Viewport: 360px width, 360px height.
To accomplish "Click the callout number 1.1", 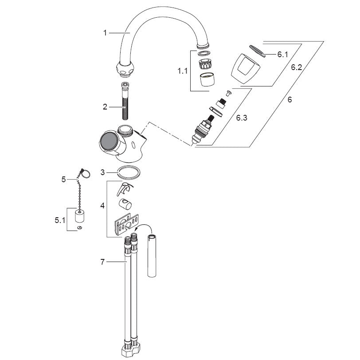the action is (183, 71).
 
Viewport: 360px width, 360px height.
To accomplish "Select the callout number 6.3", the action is (242, 118).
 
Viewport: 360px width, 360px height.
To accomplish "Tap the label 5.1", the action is (60, 220).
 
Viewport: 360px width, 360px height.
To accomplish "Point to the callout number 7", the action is (102, 262).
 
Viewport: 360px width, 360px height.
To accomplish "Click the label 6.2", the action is (297, 67).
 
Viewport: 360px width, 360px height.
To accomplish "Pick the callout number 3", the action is (102, 172).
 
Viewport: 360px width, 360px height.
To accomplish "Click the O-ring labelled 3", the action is (129, 172).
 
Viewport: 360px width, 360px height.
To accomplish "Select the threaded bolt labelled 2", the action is (125, 101).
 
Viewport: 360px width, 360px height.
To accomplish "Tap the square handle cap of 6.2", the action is (246, 68).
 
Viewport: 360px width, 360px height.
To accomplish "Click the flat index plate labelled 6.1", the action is (257, 51).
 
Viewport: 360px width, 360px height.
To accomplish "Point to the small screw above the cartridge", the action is (229, 93).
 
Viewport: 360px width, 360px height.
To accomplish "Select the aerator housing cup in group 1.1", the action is (207, 79).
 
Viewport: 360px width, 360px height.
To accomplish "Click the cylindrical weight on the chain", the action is (80, 215).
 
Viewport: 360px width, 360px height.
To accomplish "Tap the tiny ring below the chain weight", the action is (80, 227).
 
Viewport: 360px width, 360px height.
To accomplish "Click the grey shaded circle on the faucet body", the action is (109, 141).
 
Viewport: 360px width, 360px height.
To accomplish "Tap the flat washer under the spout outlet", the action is (204, 54).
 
